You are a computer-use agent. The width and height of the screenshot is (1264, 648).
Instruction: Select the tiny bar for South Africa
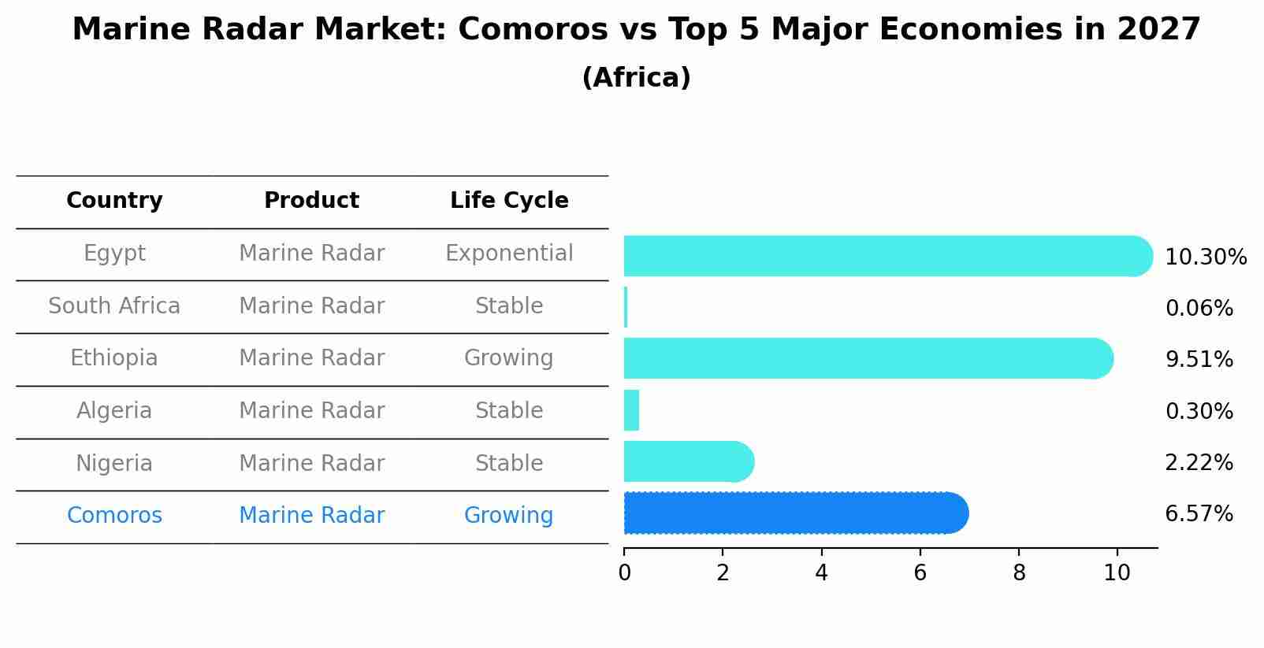(x=626, y=307)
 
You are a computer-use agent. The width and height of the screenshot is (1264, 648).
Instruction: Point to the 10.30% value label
(x=1206, y=257)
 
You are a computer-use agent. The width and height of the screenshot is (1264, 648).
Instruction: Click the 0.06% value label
(x=1199, y=309)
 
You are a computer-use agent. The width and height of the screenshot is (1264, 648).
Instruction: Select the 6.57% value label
(x=1199, y=514)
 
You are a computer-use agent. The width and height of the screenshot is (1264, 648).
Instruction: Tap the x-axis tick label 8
(x=1019, y=573)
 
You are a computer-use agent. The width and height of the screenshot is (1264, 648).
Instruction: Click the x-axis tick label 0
(x=625, y=573)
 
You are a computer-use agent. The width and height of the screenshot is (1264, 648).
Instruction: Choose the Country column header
(x=114, y=201)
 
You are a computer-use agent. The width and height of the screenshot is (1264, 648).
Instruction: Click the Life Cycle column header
(x=509, y=201)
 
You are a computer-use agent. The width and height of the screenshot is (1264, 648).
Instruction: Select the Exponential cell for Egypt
(x=509, y=254)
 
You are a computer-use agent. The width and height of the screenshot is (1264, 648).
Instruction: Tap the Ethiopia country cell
(x=114, y=358)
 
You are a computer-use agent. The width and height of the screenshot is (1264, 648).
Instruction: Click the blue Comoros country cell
(x=114, y=516)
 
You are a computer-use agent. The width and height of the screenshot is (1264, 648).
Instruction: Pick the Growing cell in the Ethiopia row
(x=509, y=358)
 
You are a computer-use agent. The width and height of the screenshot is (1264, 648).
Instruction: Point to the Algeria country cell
(x=114, y=411)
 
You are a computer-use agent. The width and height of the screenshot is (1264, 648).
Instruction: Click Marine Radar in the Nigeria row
(x=311, y=464)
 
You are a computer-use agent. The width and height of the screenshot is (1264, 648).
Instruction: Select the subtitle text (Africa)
(x=636, y=78)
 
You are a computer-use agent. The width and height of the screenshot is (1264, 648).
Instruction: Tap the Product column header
(x=311, y=201)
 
